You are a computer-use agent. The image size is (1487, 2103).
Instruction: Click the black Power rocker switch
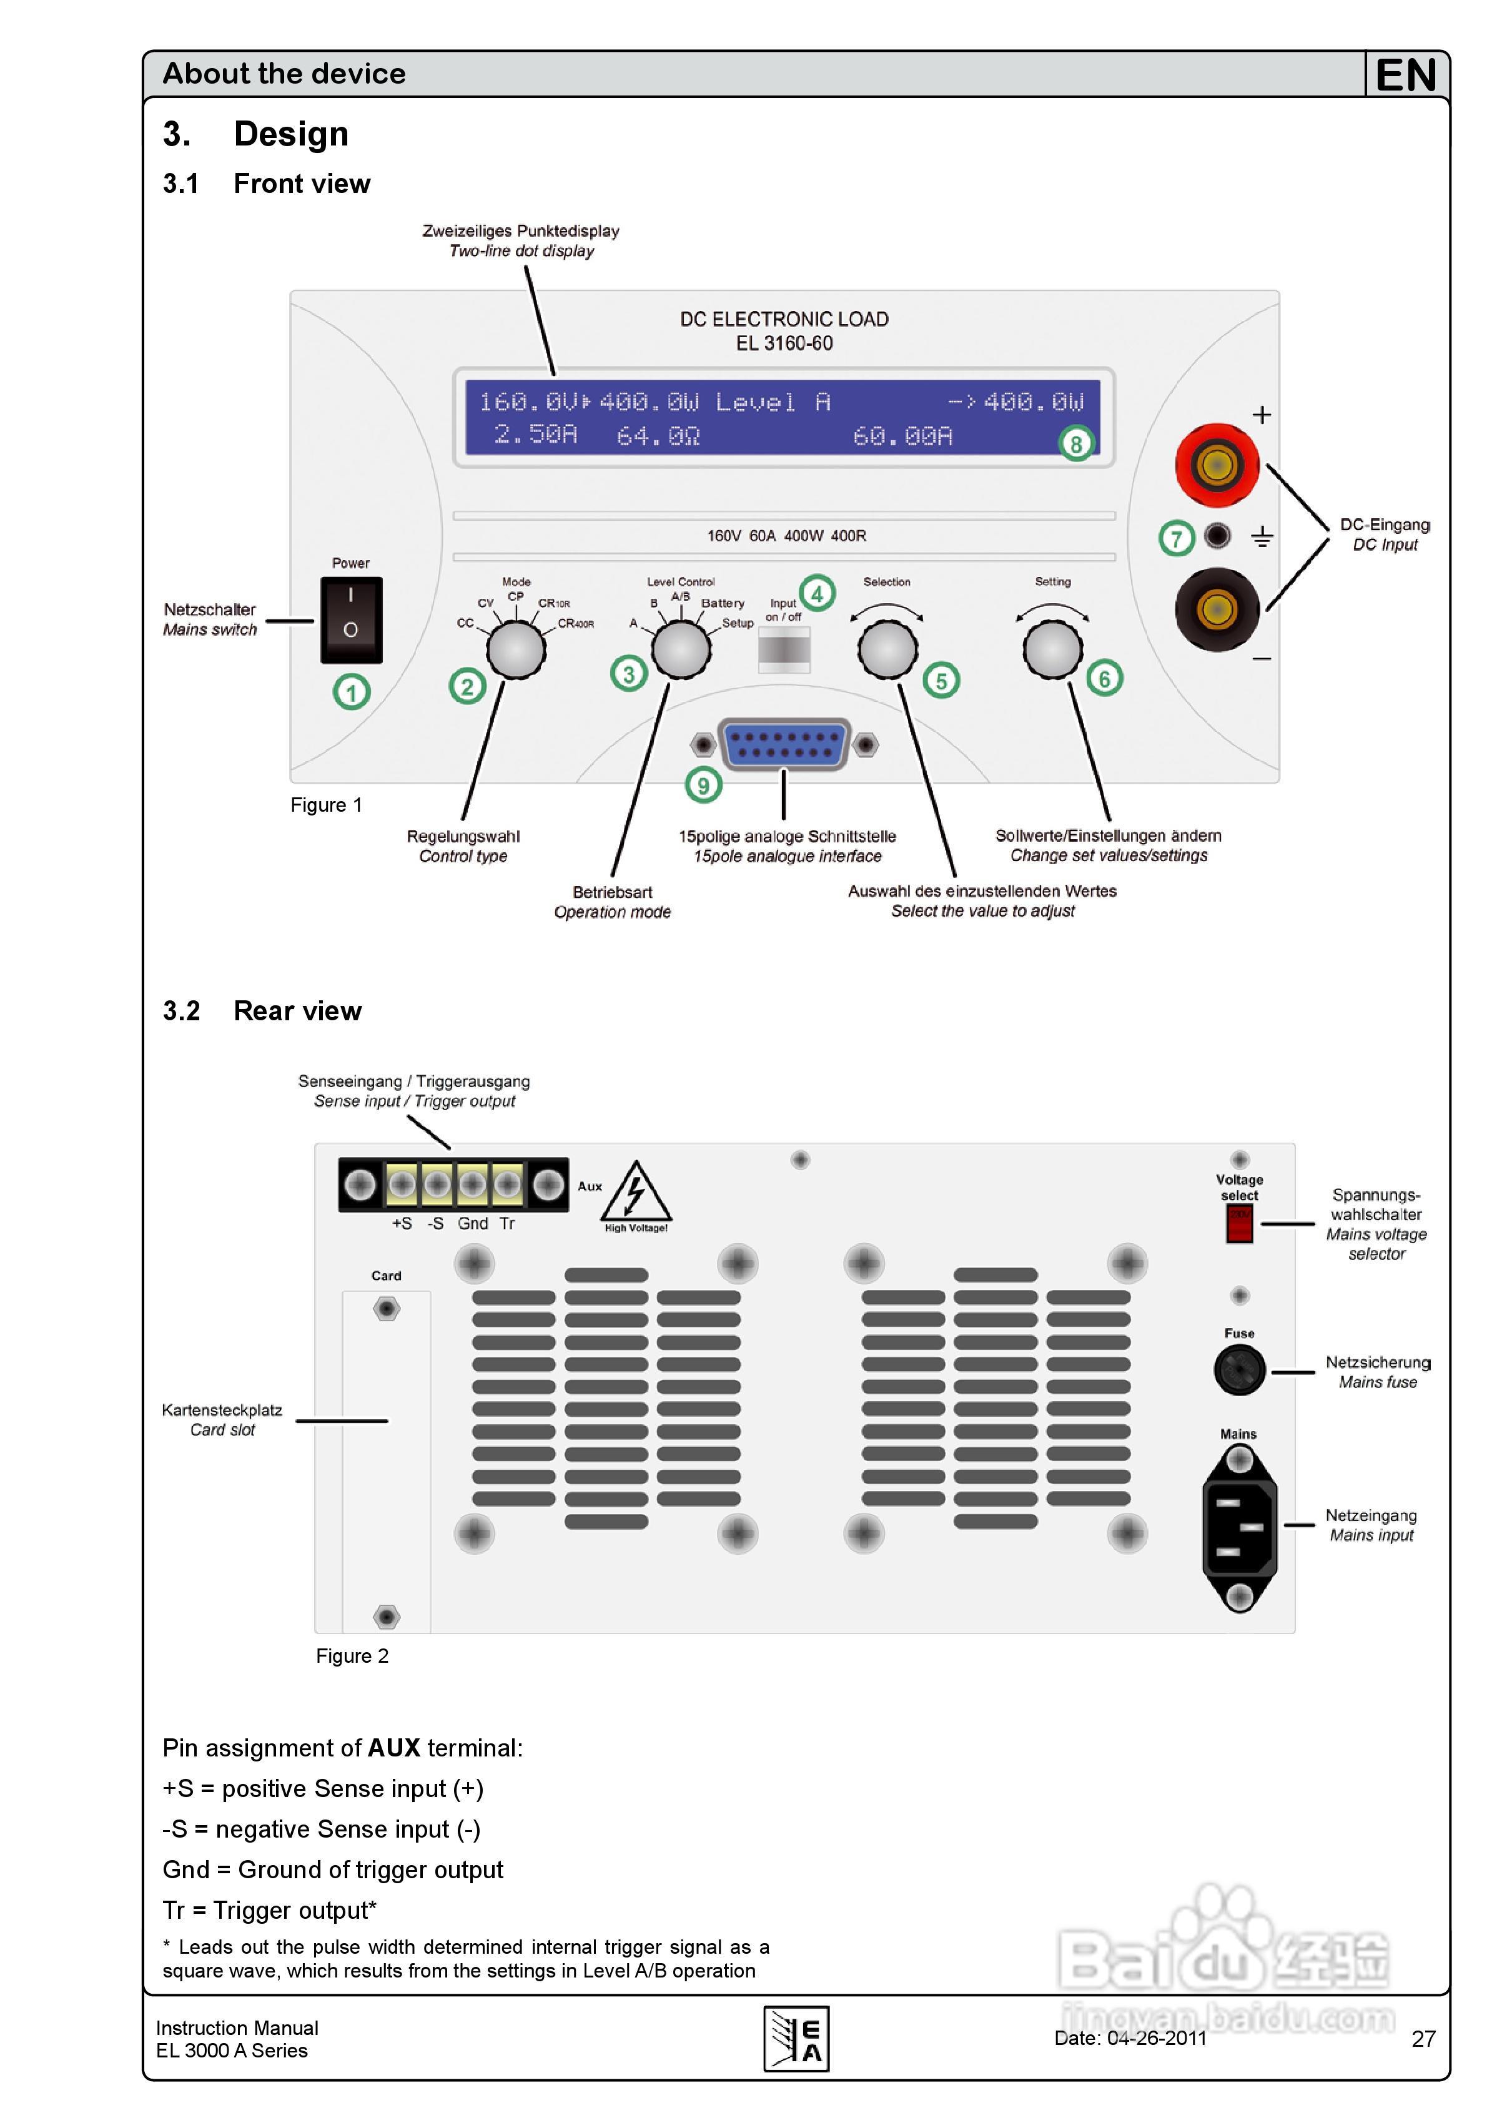click(351, 619)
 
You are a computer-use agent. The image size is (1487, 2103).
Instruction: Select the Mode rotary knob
click(516, 649)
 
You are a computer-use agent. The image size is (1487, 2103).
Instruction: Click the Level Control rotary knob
click(681, 649)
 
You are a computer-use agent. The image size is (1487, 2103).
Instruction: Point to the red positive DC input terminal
click(1217, 465)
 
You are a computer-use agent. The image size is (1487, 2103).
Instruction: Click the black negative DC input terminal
click(1217, 609)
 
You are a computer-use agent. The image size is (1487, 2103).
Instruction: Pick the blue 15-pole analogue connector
click(784, 744)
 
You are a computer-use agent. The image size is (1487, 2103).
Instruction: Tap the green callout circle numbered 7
click(1177, 539)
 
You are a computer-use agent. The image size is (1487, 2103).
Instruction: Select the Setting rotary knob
click(1053, 649)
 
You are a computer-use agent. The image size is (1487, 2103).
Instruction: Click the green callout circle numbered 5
click(941, 681)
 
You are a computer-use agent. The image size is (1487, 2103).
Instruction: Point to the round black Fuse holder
click(1240, 1370)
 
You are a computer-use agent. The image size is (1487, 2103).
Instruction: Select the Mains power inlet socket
click(1238, 1527)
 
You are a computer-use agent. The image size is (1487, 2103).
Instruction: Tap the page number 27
click(1423, 2038)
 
